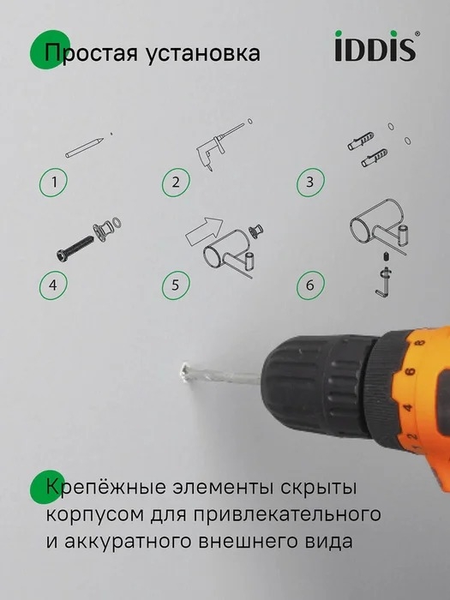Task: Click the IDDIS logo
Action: tap(376, 46)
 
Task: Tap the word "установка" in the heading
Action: tap(203, 53)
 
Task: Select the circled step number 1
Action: tap(53, 182)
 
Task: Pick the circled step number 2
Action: tap(176, 182)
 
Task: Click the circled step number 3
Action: tap(310, 182)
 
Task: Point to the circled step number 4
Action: tap(53, 285)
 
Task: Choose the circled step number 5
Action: tap(176, 285)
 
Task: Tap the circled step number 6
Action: tap(310, 285)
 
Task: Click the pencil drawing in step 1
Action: tap(85, 147)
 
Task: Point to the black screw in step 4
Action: tap(75, 249)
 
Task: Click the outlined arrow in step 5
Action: tap(204, 231)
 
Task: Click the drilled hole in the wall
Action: tap(184, 372)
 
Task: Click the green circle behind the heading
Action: tap(49, 50)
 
